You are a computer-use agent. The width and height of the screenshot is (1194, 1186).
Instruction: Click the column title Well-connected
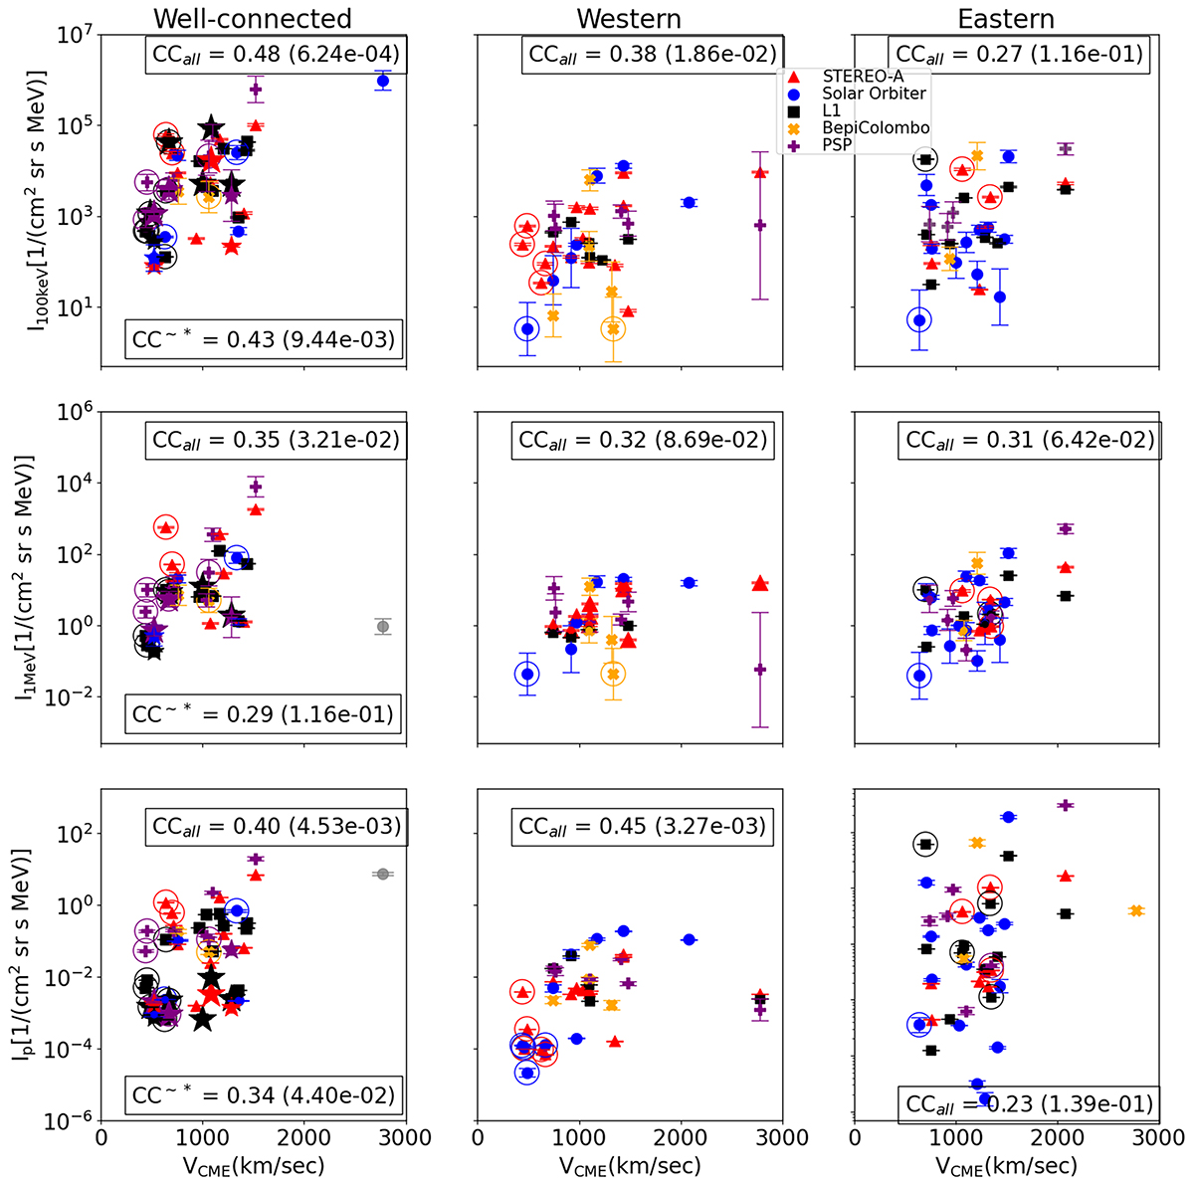(x=255, y=18)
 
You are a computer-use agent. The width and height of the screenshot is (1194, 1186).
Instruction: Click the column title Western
(x=629, y=18)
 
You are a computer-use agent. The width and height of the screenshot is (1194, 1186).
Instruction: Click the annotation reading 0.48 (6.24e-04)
(x=274, y=54)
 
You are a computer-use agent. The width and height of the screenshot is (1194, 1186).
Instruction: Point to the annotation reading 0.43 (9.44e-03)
(x=264, y=340)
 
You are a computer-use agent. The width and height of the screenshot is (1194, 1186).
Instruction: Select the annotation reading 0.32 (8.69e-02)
(x=642, y=439)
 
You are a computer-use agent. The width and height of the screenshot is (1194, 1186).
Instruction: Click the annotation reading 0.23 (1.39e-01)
(x=1028, y=1102)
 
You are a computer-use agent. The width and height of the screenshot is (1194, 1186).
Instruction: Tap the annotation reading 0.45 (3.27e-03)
(x=642, y=826)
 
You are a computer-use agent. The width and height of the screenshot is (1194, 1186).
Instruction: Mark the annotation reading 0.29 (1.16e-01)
(x=264, y=713)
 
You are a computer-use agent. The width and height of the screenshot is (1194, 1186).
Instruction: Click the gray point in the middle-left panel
(x=382, y=627)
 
